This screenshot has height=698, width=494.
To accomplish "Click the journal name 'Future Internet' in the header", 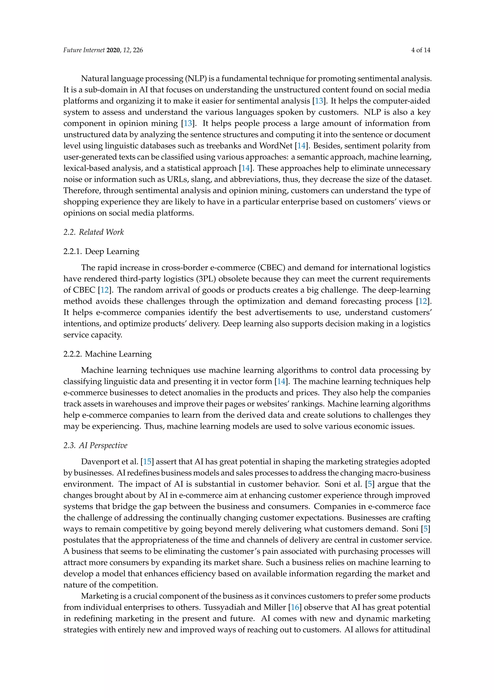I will click(84, 50).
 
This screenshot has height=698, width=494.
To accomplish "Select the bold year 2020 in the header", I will click(113, 50).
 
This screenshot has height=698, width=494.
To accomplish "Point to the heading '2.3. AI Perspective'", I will click(95, 445).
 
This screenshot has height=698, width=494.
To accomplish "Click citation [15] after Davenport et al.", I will click(147, 462).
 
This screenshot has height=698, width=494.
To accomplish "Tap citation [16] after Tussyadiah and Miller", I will click(295, 607).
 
